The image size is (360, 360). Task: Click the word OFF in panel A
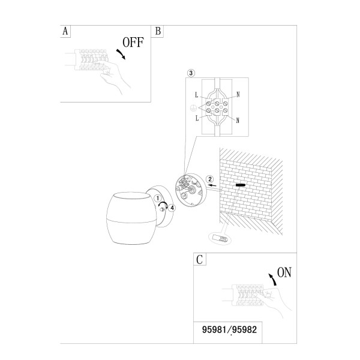(133, 43)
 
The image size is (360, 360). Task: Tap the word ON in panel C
(284, 272)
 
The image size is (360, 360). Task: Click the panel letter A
(65, 31)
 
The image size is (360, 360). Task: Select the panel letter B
(158, 31)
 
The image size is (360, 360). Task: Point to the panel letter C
(200, 260)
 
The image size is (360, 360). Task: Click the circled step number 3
(191, 73)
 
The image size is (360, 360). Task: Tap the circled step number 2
(210, 179)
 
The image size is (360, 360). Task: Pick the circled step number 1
(157, 198)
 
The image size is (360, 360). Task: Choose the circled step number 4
(172, 208)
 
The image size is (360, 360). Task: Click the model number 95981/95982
(229, 329)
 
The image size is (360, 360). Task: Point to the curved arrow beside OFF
(121, 54)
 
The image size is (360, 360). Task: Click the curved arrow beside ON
(272, 280)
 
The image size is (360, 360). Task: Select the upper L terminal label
(196, 95)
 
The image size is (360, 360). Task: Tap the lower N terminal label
(238, 121)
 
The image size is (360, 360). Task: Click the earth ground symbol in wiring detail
(193, 108)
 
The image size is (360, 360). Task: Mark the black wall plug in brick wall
(241, 185)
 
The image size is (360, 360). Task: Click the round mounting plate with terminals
(191, 190)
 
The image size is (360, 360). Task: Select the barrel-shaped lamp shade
(131, 218)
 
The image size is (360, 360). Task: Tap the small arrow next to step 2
(212, 185)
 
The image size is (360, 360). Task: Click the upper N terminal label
(238, 95)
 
